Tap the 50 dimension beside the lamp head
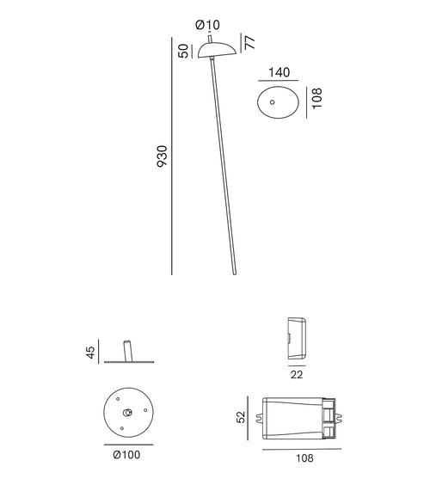[x=182, y=51]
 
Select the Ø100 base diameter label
[x=126, y=454]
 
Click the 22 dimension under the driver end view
[x=295, y=373]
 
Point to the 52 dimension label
[x=243, y=417]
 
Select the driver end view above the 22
[x=295, y=337]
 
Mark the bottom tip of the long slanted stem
[x=233, y=274]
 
